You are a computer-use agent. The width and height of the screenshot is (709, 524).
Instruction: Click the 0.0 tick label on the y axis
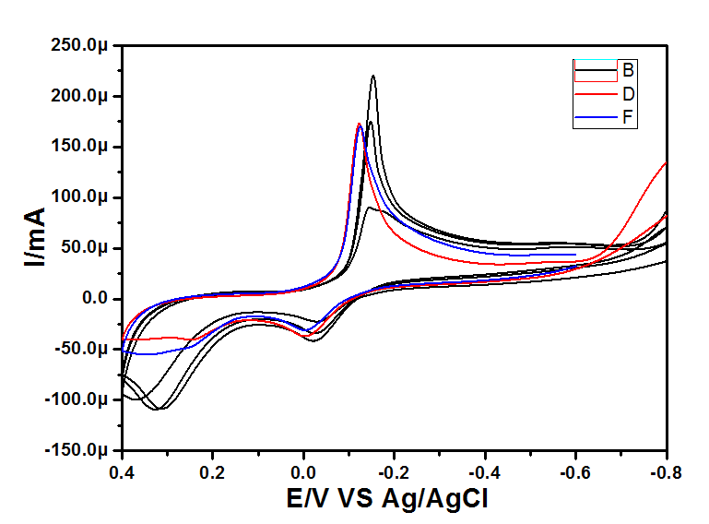96,299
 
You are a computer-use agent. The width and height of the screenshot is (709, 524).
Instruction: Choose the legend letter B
628,69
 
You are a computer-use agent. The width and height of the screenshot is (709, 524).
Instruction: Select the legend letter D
628,93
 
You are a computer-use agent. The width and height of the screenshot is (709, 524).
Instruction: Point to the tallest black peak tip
373,77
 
